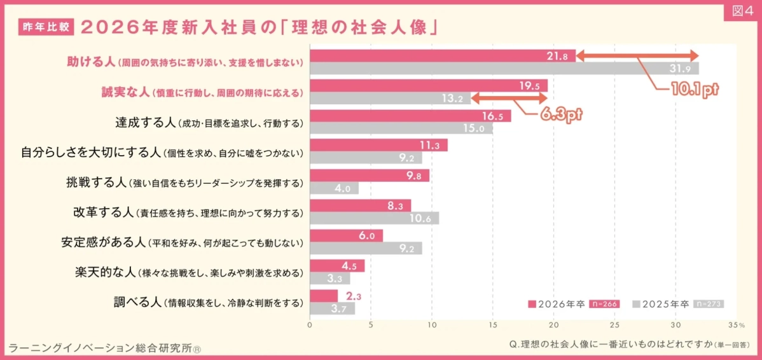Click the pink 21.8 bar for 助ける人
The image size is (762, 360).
point(442,56)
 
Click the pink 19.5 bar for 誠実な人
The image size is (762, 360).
point(428,86)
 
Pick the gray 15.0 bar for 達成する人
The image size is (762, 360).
point(401,128)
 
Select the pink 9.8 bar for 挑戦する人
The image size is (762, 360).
point(369,176)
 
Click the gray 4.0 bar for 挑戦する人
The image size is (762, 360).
point(334,188)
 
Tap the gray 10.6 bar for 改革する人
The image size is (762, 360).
point(374,218)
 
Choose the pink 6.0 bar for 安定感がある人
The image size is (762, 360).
point(346,236)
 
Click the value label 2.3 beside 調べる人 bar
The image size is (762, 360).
point(354,296)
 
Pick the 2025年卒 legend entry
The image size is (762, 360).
point(662,304)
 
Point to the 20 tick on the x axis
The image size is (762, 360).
point(553,324)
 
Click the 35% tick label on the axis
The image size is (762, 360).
point(737,324)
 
